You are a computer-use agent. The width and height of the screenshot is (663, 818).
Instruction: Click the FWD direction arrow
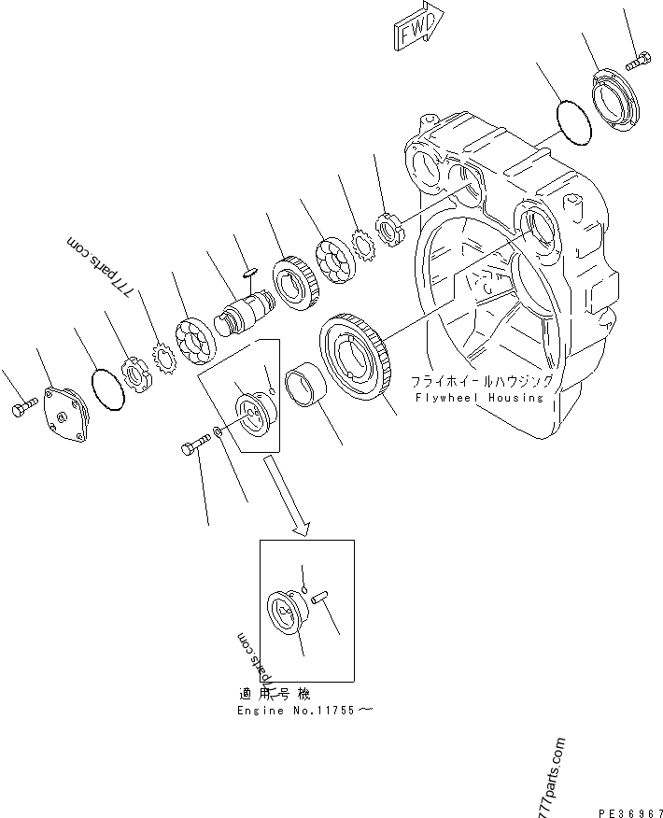(x=417, y=27)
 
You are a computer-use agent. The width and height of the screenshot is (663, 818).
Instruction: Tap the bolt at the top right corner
(x=638, y=61)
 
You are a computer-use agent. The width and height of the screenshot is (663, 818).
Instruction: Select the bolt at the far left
(x=24, y=405)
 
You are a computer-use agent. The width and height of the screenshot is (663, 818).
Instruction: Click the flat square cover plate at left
(x=67, y=414)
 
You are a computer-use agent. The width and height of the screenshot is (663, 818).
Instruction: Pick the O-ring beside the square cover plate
(x=108, y=389)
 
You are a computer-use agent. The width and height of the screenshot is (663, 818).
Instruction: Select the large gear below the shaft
(x=355, y=357)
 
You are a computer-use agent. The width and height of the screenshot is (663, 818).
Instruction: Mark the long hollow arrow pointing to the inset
(x=287, y=495)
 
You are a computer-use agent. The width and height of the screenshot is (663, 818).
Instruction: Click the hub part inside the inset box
(x=284, y=613)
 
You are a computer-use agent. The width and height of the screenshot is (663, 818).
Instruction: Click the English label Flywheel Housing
(x=479, y=398)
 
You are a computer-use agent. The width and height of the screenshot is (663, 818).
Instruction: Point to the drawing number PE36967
(x=630, y=812)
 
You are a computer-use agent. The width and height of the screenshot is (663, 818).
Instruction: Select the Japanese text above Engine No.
(x=275, y=694)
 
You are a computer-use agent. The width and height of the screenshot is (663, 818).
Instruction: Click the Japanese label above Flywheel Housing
(x=482, y=381)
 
